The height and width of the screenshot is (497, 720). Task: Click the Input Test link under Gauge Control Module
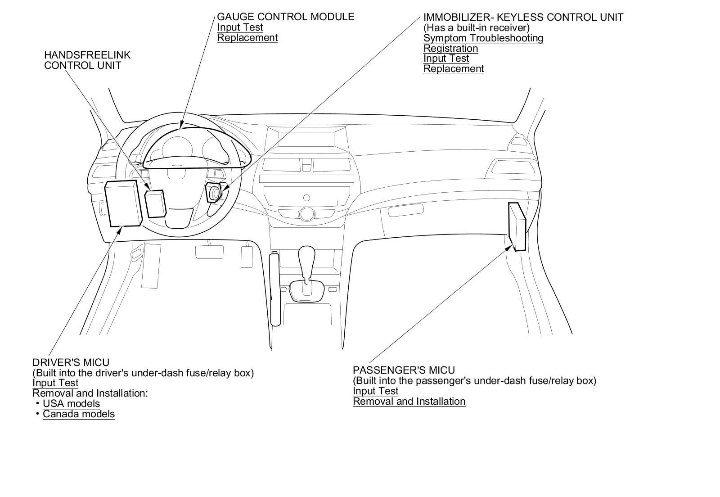pyautogui.click(x=240, y=27)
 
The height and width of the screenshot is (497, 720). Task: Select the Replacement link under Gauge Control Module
pyautogui.click(x=247, y=37)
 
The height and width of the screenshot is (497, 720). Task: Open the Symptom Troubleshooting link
pyautogui.click(x=483, y=38)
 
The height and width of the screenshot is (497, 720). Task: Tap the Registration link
pyautogui.click(x=450, y=48)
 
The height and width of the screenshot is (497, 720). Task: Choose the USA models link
pyautogui.click(x=71, y=403)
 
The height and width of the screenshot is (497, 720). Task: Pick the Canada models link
pyautogui.click(x=79, y=414)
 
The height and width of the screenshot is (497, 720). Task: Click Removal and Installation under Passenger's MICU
pyautogui.click(x=409, y=401)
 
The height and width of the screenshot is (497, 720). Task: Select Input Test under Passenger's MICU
pyautogui.click(x=375, y=391)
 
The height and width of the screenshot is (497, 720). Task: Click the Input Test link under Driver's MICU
pyautogui.click(x=55, y=383)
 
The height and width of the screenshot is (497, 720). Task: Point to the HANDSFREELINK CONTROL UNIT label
pyautogui.click(x=87, y=60)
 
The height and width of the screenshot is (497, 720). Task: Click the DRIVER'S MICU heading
pyautogui.click(x=71, y=362)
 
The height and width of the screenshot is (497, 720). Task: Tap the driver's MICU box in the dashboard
pyautogui.click(x=122, y=203)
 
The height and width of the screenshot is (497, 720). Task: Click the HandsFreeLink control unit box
pyautogui.click(x=155, y=203)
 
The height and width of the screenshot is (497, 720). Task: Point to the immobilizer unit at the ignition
pyautogui.click(x=213, y=193)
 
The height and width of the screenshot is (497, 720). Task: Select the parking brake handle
pyautogui.click(x=275, y=288)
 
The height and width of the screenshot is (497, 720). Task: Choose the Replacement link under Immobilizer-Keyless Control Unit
pyautogui.click(x=453, y=68)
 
